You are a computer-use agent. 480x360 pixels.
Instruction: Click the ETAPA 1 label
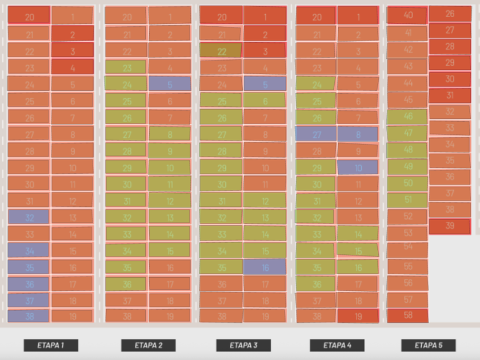[x=51, y=345]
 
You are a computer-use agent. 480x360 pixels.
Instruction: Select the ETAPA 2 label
[x=148, y=345]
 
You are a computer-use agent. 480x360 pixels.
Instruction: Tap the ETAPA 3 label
[x=243, y=345]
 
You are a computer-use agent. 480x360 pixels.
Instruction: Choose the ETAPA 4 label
[x=337, y=345]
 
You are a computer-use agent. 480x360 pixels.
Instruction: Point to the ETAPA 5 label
[x=429, y=345]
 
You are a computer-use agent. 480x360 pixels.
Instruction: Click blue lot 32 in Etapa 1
[x=29, y=217]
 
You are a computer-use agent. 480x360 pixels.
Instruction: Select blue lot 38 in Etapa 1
[x=29, y=316]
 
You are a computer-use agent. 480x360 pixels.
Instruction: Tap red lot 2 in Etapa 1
[x=73, y=34]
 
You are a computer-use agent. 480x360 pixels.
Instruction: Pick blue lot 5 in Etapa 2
[x=170, y=84]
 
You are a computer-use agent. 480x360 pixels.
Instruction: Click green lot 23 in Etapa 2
[x=126, y=67]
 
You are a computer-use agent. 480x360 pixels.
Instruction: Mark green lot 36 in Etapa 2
[x=126, y=283]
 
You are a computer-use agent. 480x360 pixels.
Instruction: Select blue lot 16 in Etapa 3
[x=265, y=267]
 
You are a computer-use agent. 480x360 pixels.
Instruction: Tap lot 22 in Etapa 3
[x=221, y=51]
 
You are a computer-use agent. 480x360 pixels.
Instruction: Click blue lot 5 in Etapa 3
[x=265, y=84]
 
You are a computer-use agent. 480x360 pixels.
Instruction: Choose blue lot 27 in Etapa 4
[x=316, y=134]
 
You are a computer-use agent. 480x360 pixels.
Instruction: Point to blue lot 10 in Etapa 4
[x=358, y=167]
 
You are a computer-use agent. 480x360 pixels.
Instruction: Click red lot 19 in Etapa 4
[x=358, y=316]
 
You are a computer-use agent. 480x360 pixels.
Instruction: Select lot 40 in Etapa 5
[x=407, y=15]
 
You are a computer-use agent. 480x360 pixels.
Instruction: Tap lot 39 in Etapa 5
[x=450, y=226]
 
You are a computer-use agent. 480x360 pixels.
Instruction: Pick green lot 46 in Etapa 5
[x=407, y=117]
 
